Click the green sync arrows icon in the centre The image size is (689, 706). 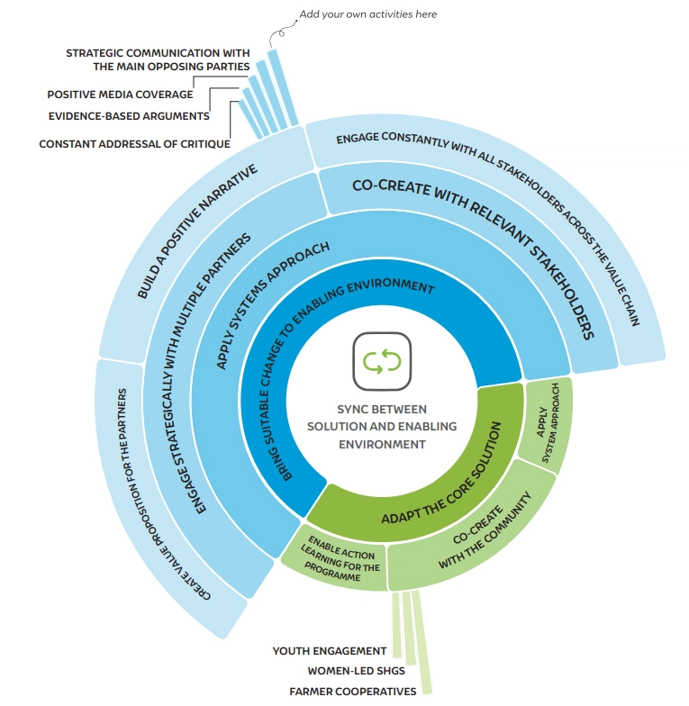click(x=382, y=362)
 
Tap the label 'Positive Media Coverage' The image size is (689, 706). click(x=120, y=94)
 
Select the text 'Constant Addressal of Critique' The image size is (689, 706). click(x=134, y=143)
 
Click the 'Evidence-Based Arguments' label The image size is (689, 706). click(x=128, y=115)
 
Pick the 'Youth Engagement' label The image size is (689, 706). click(x=330, y=650)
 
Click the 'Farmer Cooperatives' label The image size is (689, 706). click(x=353, y=692)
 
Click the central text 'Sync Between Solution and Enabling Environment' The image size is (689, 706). click(x=382, y=426)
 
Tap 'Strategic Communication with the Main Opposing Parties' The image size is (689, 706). click(x=158, y=59)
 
